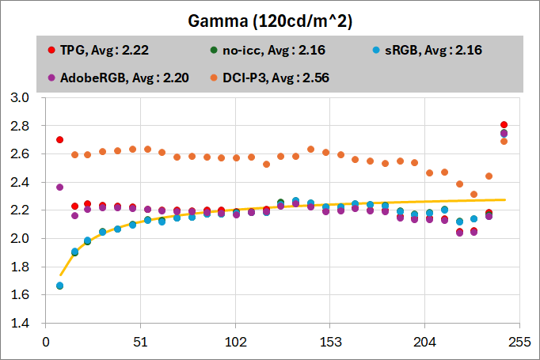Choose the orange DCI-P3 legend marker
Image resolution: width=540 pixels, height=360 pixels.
point(215,78)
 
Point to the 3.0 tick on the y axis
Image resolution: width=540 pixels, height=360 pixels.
point(19,98)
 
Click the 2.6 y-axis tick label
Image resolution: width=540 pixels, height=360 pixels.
point(19,154)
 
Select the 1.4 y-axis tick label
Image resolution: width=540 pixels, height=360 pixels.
point(19,324)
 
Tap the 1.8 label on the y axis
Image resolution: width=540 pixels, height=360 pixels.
point(19,267)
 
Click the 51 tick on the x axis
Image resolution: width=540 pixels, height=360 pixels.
point(140,343)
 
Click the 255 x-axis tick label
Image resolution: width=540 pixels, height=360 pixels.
point(519,343)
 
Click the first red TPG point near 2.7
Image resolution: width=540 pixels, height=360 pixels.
point(59,140)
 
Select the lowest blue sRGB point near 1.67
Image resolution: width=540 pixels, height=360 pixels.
point(59,286)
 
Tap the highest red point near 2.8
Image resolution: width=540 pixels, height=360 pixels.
point(504,125)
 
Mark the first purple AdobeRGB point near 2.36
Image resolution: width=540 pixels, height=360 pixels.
point(59,188)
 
